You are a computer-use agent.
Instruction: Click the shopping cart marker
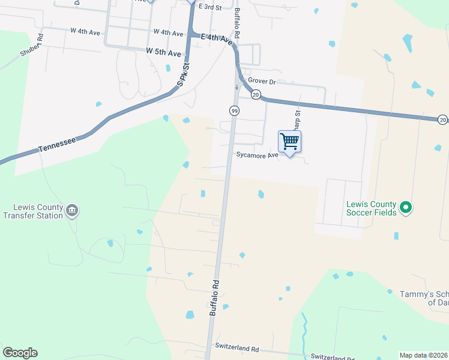click(290, 142)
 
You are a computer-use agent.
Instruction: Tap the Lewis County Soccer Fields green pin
click(406, 208)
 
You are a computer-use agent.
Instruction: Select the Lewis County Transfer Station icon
click(72, 210)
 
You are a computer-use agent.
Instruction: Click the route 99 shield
click(234, 110)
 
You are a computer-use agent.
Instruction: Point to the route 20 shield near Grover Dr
click(256, 95)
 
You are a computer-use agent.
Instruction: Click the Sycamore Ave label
click(256, 155)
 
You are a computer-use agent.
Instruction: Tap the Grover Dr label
click(262, 82)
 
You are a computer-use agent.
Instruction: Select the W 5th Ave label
click(163, 53)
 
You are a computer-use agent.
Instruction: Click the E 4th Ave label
click(217, 39)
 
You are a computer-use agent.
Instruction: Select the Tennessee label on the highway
click(58, 144)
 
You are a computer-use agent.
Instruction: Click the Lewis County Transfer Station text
click(33, 211)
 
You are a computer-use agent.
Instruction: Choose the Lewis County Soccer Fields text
click(371, 208)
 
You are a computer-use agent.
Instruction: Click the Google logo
click(20, 353)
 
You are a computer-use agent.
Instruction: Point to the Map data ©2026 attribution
click(423, 355)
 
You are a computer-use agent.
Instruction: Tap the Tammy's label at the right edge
click(424, 298)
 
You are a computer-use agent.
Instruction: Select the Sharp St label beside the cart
click(297, 121)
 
